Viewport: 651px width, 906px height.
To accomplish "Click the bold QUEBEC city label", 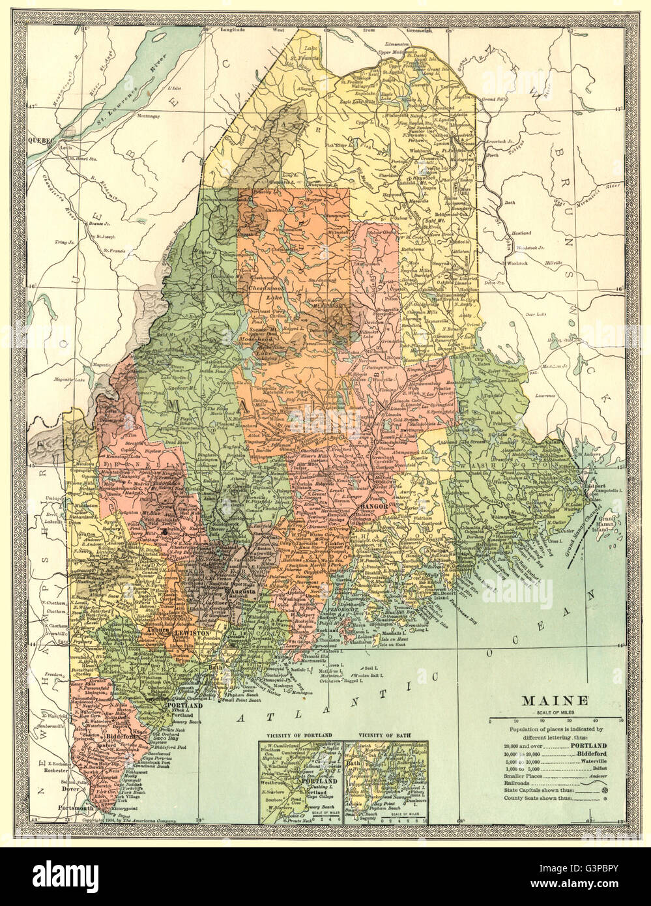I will coord(41,140).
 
